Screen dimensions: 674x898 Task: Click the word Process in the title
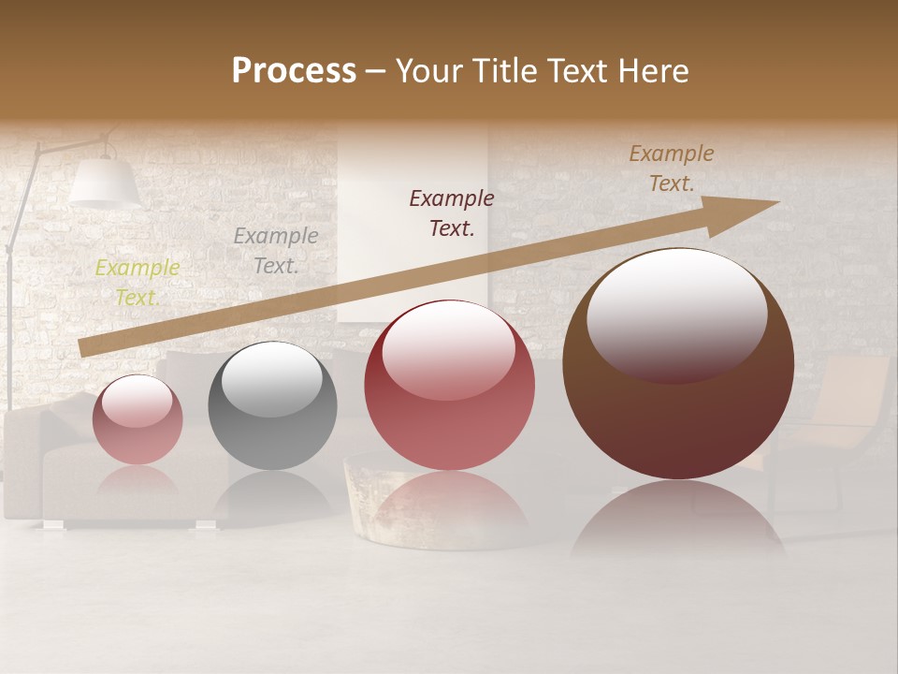coord(294,71)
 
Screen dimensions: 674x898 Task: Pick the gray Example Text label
coord(275,251)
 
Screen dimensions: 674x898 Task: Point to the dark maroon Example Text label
coord(451,212)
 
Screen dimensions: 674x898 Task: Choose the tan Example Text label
coord(671,168)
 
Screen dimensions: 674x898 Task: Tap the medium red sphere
coord(449,386)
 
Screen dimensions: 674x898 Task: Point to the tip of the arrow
coord(776,202)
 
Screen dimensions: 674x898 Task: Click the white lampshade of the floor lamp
coord(104,183)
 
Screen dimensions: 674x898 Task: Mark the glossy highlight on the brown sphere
coord(676,314)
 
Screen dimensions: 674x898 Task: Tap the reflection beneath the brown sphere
coord(678,520)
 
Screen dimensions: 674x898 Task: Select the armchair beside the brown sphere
coord(833,421)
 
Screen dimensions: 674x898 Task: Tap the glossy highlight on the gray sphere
coord(271,377)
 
